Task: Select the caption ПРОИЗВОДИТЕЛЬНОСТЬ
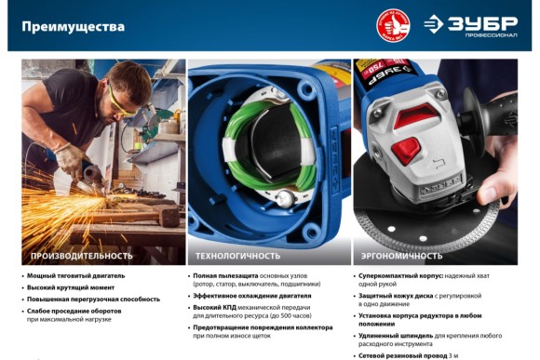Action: point(82,254)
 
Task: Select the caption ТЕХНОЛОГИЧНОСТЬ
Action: point(237,254)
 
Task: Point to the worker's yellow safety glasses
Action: point(116,94)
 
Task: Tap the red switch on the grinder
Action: point(406,149)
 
